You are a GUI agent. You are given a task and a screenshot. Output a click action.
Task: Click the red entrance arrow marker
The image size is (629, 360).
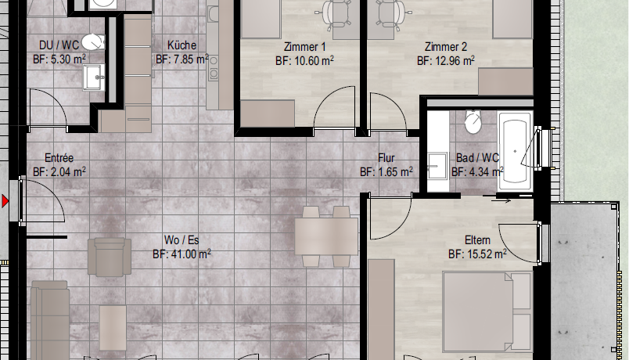[5, 200]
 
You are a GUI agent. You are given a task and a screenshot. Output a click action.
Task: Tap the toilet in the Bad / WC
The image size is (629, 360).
[473, 121]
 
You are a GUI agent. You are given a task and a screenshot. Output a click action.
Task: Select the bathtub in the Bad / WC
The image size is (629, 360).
[515, 152]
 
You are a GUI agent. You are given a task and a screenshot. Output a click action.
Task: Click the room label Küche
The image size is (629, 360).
[182, 45]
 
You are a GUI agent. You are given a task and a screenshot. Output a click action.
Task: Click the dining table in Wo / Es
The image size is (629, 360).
[326, 236]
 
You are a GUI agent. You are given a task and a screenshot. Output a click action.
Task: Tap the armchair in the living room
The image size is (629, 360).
[110, 257]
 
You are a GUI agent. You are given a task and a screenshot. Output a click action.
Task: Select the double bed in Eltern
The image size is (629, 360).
[488, 311]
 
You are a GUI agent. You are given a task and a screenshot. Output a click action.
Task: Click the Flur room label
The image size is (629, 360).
[386, 158]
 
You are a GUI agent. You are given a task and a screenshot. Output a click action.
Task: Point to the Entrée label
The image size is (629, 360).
[59, 158]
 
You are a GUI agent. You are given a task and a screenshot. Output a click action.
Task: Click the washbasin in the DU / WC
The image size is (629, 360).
[94, 77]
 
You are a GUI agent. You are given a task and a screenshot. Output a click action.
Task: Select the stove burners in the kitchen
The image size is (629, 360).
[213, 67]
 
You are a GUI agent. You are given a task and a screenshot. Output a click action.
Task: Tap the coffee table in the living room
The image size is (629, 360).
[113, 327]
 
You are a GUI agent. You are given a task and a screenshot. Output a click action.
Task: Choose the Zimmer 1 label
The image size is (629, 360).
[304, 47]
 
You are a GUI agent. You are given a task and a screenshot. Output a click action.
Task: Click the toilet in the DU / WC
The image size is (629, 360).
[93, 42]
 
